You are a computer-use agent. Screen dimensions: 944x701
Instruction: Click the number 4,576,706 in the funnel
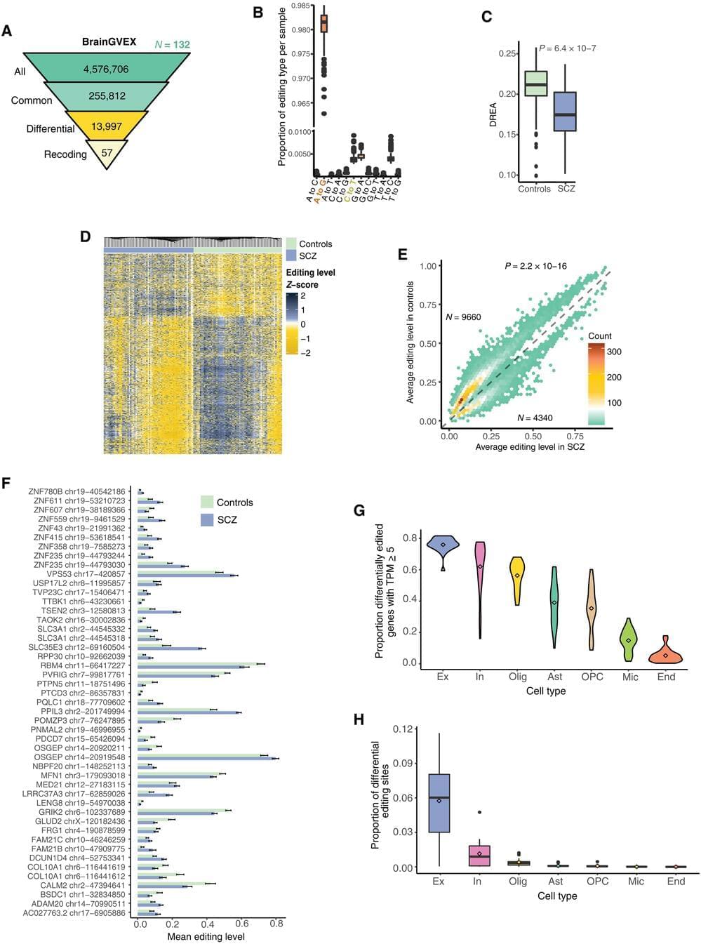(x=106, y=69)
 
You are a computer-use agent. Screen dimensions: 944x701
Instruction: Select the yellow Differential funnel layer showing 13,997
(x=107, y=126)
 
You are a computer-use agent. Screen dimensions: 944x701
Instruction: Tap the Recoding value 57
(x=107, y=152)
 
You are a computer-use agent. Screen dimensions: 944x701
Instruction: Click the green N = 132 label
(x=172, y=45)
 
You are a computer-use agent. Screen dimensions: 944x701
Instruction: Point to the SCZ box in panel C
(x=565, y=112)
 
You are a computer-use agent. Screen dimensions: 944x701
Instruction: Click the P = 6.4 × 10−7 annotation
(x=568, y=48)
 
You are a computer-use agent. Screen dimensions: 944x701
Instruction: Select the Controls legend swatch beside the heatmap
(x=291, y=244)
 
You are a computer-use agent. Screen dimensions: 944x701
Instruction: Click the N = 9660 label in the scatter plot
(x=463, y=317)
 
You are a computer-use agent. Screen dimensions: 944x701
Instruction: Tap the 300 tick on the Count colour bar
(x=614, y=352)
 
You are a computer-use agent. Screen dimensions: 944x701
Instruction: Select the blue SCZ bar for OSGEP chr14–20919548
(x=208, y=759)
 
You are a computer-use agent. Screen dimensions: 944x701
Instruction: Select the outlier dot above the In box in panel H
(x=479, y=813)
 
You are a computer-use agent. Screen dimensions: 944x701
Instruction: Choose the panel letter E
(x=403, y=254)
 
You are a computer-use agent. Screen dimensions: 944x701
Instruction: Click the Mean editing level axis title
(x=206, y=936)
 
